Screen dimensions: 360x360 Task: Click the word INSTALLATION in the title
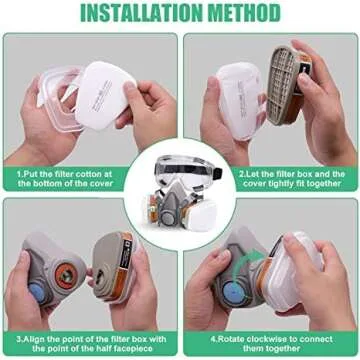click(x=135, y=15)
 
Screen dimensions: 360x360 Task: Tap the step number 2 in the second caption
click(x=242, y=172)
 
